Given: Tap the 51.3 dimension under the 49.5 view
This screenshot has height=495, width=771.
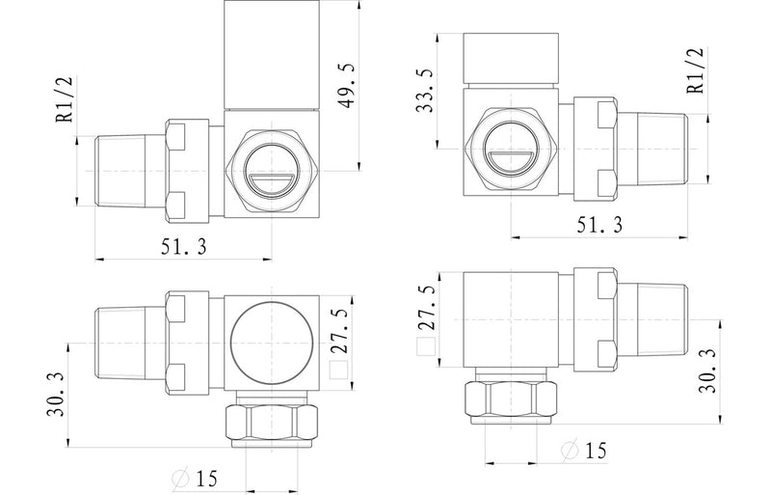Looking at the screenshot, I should click(x=183, y=246).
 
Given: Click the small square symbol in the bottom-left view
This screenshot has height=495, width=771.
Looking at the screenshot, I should click(x=337, y=369).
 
